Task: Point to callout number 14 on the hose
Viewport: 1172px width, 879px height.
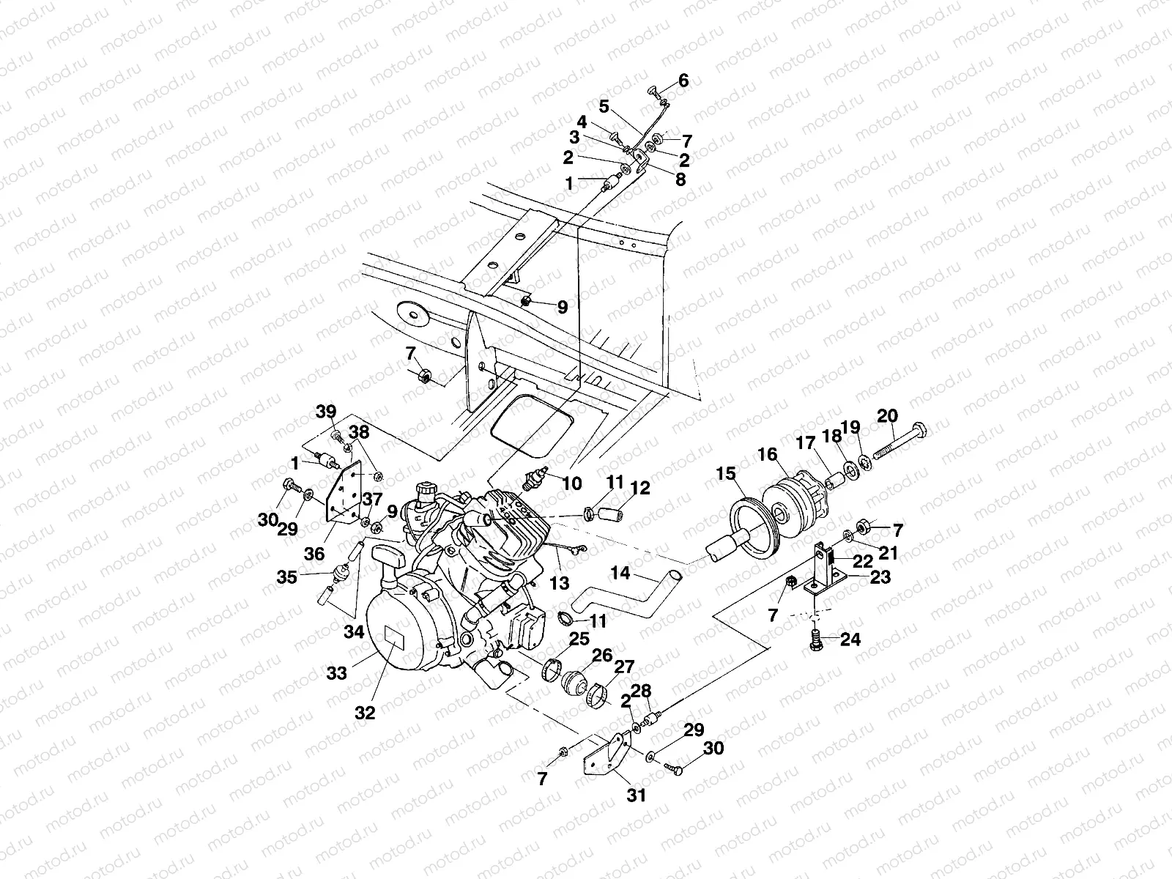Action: (620, 574)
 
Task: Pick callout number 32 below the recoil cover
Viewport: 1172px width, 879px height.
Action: (364, 711)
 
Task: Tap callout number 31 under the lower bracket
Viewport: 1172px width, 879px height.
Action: (637, 795)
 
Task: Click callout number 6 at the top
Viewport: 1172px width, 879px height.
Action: (683, 81)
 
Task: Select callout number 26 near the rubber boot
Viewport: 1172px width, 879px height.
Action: (602, 656)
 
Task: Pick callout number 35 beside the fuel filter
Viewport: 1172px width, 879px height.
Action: (287, 577)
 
